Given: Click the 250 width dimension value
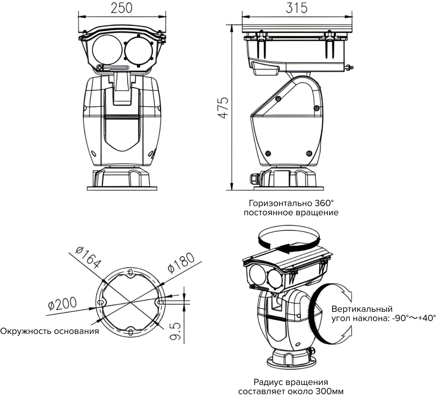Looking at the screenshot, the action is (122, 8).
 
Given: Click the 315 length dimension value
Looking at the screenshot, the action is (296, 8).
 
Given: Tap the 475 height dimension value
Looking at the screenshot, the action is (223, 108).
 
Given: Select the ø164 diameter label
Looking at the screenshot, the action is (87, 258).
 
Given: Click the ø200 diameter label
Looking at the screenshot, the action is (62, 304).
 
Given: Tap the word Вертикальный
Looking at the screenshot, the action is (362, 309).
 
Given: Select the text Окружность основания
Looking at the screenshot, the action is (50, 331).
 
